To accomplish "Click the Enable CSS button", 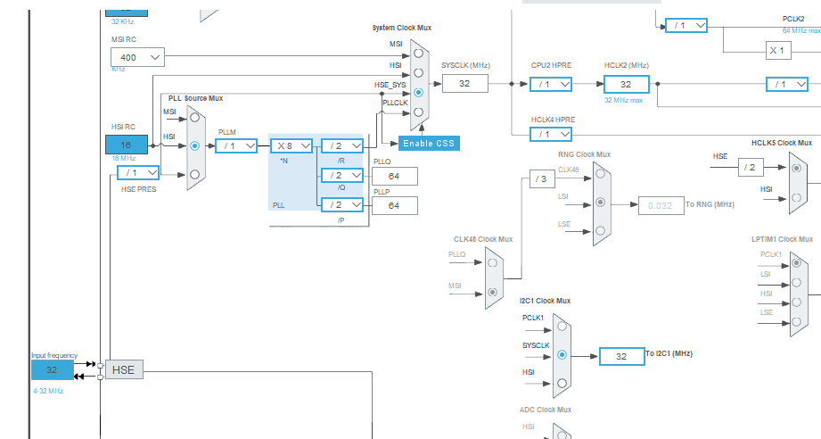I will [x=429, y=143].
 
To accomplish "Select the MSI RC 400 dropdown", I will [x=137, y=57].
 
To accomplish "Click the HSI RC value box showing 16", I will [x=126, y=145].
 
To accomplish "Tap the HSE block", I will [x=123, y=369].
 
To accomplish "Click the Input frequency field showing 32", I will [x=52, y=369].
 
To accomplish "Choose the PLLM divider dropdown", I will [x=236, y=145].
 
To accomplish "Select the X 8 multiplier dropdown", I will [x=291, y=145].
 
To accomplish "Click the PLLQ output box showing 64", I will [x=394, y=176].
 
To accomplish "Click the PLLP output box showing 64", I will [x=394, y=206].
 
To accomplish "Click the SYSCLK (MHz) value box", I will [x=464, y=83].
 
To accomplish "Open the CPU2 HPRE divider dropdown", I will [x=552, y=84].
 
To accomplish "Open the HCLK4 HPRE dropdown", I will [x=552, y=134].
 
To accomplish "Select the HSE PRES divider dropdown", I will [x=138, y=172].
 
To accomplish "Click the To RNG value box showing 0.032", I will [x=660, y=205].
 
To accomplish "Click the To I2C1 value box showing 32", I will [x=621, y=356].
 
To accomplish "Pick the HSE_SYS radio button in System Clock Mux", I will [x=418, y=92].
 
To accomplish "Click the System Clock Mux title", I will [x=401, y=28].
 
